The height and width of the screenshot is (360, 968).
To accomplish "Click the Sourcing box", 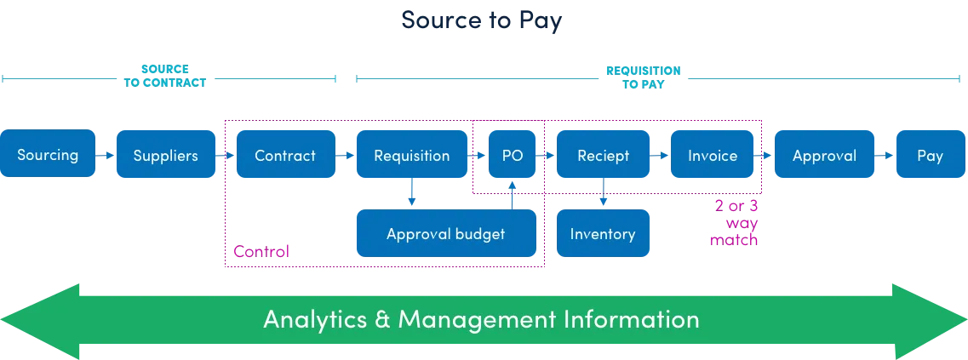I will [48, 155].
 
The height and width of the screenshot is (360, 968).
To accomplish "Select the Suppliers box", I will [166, 155].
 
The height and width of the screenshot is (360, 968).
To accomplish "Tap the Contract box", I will [285, 155].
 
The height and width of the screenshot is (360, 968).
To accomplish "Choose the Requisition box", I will [412, 155].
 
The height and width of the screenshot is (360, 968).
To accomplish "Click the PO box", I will [513, 155].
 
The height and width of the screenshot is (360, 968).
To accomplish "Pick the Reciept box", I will [604, 155].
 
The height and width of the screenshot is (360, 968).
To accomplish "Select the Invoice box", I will [713, 155].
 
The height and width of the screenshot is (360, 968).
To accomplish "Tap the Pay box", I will [930, 155].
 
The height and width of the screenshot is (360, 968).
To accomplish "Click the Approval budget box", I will [445, 233].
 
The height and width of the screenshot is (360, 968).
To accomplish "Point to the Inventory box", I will [603, 233].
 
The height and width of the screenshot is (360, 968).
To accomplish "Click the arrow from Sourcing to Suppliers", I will [106, 156].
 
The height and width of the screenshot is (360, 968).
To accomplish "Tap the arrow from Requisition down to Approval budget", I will [412, 193].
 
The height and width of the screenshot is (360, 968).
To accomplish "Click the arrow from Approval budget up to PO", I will [513, 193].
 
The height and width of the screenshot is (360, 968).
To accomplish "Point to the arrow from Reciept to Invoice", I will [661, 156].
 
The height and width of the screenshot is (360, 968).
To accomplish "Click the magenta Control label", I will [262, 251].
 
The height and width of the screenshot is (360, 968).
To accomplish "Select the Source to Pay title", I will [482, 20].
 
